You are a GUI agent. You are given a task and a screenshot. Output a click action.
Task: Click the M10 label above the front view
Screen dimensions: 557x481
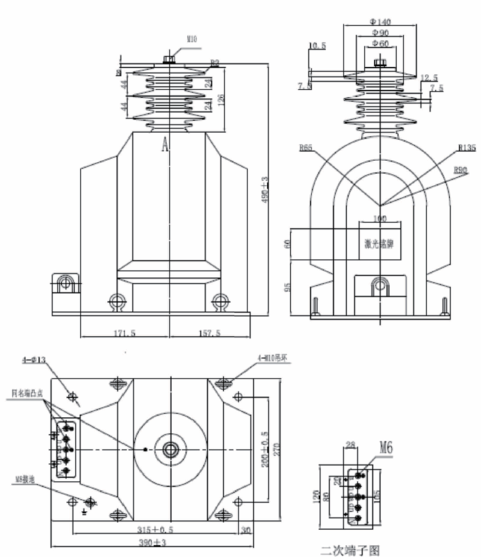191,39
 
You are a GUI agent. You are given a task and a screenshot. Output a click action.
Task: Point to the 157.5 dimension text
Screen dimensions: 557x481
209,333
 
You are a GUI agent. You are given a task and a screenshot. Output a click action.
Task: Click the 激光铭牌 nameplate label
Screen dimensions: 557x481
380,244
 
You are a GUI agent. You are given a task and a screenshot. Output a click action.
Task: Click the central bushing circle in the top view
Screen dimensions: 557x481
171,449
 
